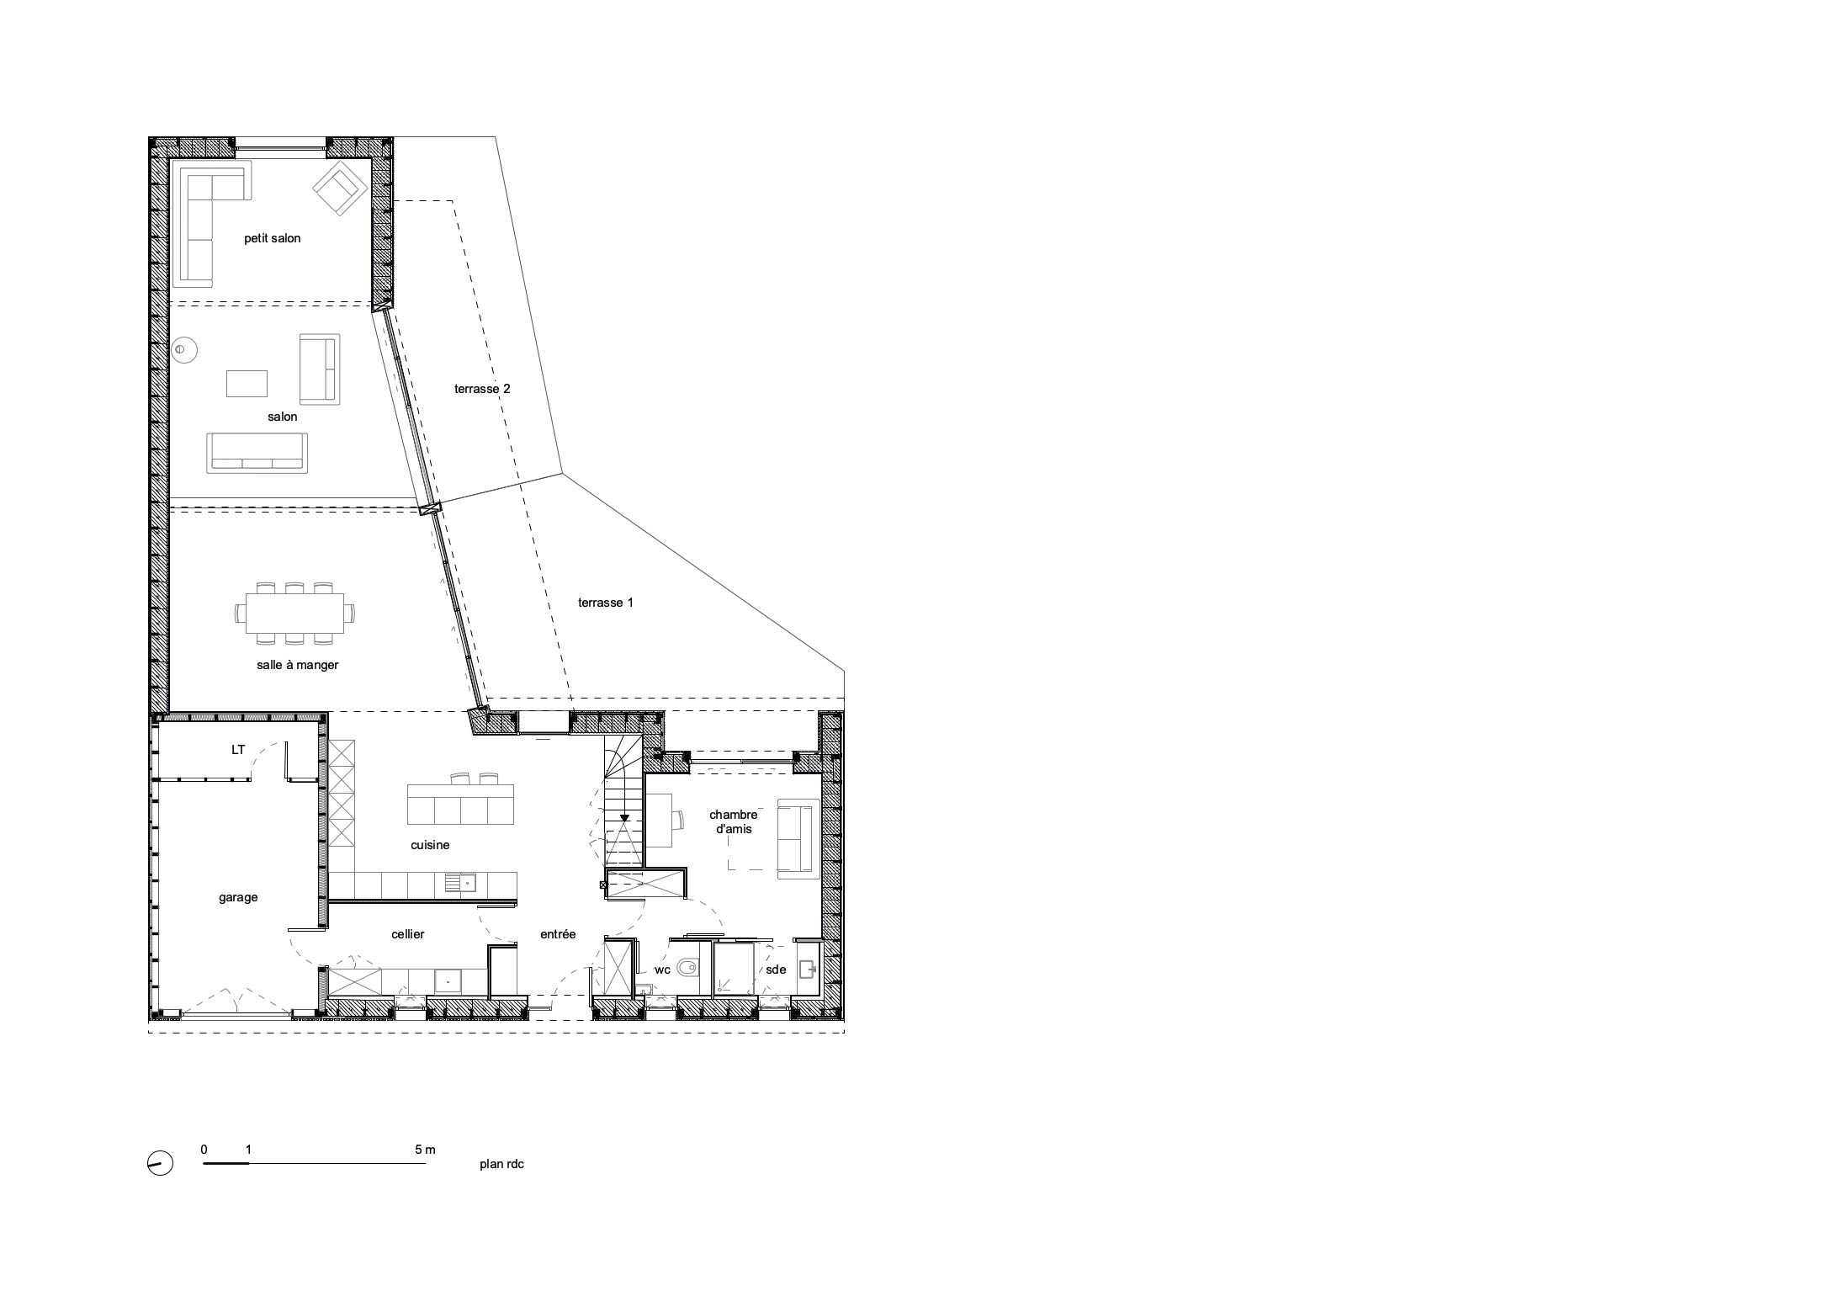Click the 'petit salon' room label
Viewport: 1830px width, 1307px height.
272,238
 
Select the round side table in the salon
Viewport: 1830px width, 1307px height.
185,349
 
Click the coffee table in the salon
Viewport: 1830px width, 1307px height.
247,384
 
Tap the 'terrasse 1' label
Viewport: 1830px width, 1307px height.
606,603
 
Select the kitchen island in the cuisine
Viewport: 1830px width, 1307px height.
460,804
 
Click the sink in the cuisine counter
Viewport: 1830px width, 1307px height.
460,883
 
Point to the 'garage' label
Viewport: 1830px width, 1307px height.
238,897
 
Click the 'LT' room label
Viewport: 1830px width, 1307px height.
238,749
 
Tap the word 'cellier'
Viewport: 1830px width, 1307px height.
408,934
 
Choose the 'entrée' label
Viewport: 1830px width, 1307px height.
558,934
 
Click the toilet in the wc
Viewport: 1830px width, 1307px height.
687,968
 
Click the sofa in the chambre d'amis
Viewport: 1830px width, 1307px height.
798,838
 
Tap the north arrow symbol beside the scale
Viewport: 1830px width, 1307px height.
160,1163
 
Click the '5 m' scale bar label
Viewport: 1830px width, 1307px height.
426,1149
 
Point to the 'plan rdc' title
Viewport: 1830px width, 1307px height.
502,1165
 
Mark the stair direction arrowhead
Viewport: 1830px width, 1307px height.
623,816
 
